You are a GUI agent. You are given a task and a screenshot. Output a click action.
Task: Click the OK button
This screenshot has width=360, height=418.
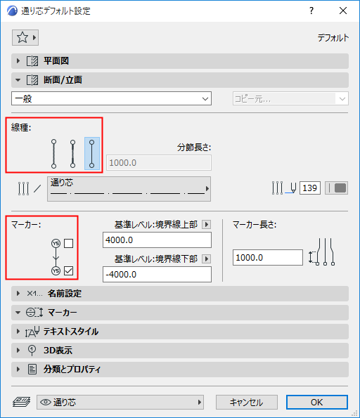pos(316,403)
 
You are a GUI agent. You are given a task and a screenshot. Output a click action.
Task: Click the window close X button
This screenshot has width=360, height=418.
pos(343,11)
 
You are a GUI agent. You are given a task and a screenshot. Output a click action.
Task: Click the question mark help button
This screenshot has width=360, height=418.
pos(311,11)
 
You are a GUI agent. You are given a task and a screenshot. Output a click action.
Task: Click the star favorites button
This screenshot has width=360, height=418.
pos(25,37)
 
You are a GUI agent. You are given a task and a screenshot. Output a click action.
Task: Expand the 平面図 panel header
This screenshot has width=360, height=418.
pos(180,61)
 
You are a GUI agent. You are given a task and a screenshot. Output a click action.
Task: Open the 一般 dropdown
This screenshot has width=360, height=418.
pos(111,99)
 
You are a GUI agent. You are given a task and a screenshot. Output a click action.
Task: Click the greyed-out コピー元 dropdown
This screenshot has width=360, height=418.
pos(290,99)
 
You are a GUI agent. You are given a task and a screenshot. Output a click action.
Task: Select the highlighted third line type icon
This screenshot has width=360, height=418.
pos(91,153)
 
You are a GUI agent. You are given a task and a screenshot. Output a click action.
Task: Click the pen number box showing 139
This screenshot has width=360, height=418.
pos(310,188)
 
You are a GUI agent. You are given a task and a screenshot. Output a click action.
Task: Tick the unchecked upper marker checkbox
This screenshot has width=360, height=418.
pos(68,244)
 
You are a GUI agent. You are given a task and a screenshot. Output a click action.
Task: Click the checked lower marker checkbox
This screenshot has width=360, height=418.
pos(68,270)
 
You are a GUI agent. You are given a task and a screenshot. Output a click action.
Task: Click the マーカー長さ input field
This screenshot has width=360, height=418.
pos(267,257)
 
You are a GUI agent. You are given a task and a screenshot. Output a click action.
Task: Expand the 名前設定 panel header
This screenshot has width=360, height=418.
pos(180,294)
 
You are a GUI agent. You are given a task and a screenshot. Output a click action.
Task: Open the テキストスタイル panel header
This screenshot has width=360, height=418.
pos(180,331)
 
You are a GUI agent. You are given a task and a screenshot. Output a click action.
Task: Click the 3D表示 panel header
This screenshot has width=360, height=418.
pos(180,350)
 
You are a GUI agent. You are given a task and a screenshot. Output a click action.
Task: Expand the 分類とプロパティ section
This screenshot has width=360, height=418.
pos(180,369)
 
